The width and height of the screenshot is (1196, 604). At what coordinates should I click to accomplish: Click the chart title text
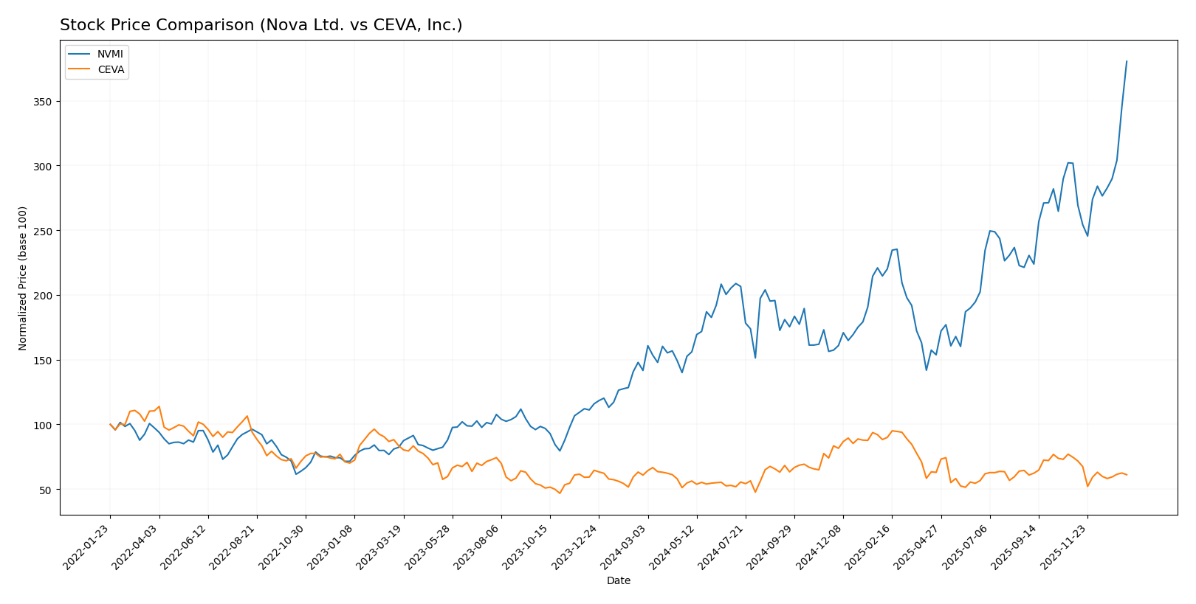point(261,25)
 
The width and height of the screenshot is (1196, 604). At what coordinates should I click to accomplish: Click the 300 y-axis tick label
point(44,166)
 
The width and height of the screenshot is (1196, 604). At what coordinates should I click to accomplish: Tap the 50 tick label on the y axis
point(47,490)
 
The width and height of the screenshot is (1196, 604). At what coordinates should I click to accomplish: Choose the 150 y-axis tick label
point(44,360)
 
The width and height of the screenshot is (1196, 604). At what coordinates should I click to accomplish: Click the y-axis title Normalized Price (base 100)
point(23,278)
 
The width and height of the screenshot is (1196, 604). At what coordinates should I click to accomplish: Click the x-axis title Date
point(618,580)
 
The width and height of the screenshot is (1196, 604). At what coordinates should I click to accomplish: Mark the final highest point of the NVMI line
point(1127,61)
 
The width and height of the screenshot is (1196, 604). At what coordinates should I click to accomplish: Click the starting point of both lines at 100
point(110,424)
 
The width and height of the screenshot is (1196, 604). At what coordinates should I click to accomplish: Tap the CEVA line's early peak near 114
point(159,406)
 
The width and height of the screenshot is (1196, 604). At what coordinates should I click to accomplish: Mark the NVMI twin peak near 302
point(1068,163)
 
